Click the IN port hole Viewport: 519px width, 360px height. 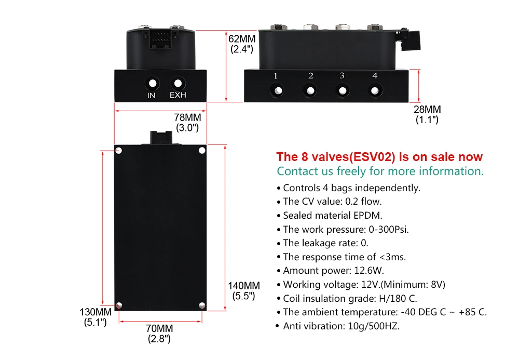pyautogui.click(x=152, y=83)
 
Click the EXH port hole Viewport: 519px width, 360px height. pyautogui.click(x=178, y=83)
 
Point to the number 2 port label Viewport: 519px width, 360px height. pyautogui.click(x=310, y=76)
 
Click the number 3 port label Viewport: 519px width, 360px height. pyautogui.click(x=342, y=76)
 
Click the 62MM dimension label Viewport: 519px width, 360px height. pyautogui.click(x=242, y=39)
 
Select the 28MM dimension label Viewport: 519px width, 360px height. pyautogui.click(x=427, y=110)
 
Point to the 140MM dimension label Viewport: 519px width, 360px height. pyautogui.click(x=244, y=286)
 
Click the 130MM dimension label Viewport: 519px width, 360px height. pyautogui.click(x=95, y=312)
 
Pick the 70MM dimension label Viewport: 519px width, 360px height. pyautogui.click(x=159, y=329)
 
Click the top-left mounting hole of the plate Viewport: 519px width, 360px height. pyautogui.click(x=119, y=151)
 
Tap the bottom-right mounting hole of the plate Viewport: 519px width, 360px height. pyautogui.click(x=201, y=305)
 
